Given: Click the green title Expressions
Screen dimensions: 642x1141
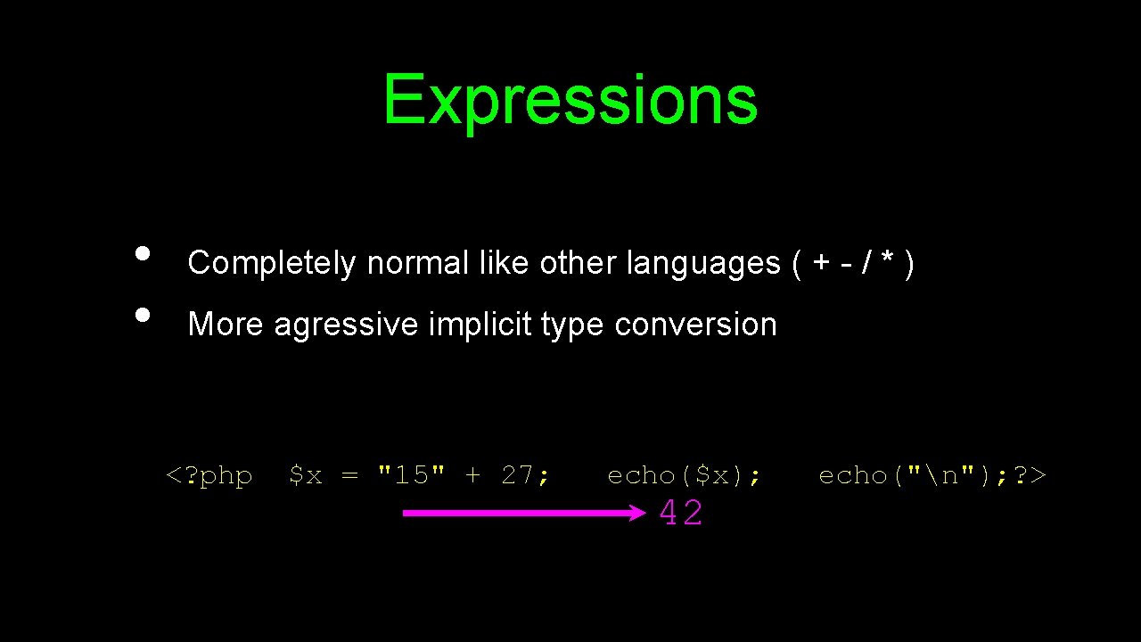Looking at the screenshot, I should tap(570, 100).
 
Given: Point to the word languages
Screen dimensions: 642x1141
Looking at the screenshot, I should tap(703, 263).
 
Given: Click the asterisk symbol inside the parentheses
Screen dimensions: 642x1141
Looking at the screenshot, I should tap(887, 261).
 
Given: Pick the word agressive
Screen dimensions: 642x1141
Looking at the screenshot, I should tap(346, 325).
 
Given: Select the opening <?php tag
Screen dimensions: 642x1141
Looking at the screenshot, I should tap(209, 476).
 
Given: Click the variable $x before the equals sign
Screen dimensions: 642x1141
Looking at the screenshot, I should tap(305, 476).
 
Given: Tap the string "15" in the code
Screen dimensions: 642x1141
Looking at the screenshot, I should tap(411, 475).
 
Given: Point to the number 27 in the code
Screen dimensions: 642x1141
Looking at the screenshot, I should tap(521, 475).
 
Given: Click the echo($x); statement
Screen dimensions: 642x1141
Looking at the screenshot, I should tap(684, 476).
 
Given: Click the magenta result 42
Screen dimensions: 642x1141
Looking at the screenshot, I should tap(681, 514).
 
